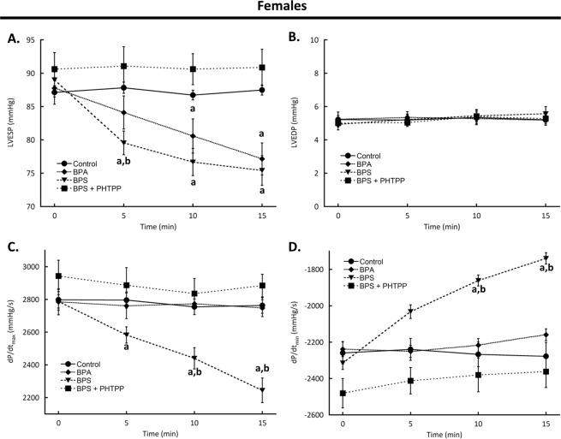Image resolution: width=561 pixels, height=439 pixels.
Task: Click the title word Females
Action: [280, 10]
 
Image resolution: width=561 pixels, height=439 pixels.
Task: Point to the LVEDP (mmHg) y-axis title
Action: [300, 123]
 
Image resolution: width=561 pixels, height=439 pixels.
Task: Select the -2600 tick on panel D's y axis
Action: [314, 414]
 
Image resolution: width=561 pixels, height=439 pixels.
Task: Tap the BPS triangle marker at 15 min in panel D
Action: [545, 258]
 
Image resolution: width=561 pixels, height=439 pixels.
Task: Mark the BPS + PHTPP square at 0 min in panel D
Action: [343, 394]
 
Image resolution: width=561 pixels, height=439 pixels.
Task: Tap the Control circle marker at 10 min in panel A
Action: [193, 95]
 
